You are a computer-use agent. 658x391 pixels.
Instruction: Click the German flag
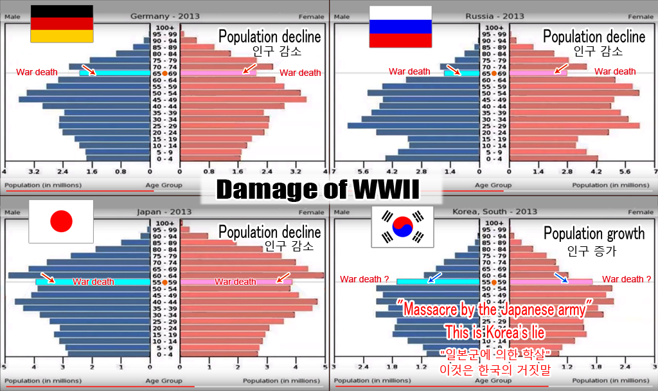point(62,24)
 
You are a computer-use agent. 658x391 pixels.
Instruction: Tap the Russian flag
point(400,26)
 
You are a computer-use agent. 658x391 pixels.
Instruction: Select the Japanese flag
point(61,221)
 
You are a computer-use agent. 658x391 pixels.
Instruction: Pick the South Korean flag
point(402,227)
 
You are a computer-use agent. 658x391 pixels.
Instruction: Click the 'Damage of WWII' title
point(317,188)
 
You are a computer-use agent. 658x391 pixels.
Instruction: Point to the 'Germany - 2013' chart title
point(164,16)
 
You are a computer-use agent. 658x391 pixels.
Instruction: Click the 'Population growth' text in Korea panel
point(594,233)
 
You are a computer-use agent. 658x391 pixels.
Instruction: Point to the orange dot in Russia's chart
point(493,73)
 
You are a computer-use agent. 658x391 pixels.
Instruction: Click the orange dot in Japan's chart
point(165,282)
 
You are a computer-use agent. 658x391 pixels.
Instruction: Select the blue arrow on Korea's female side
point(561,277)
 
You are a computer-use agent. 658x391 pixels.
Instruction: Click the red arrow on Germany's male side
point(89,69)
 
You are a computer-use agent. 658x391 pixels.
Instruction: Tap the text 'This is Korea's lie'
point(495,332)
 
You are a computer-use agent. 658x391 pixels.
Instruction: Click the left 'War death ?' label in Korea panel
point(364,279)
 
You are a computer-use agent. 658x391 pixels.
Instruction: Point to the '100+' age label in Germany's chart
point(165,28)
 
